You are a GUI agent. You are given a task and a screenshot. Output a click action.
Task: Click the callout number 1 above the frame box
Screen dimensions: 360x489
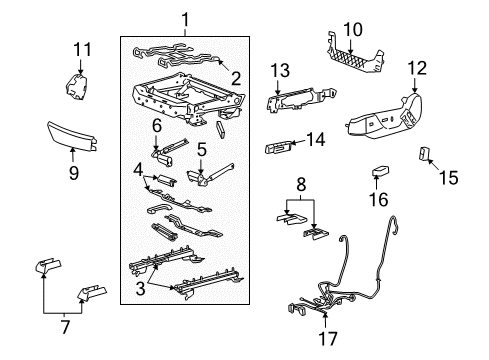coord(184,18)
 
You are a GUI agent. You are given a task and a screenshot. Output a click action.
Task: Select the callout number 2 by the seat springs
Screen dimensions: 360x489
coord(236,78)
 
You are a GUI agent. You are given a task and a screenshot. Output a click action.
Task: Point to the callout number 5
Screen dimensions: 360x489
coord(200,150)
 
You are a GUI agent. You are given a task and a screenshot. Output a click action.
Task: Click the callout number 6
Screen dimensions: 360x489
coord(156,125)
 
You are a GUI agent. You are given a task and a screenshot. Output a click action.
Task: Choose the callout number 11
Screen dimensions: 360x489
coord(83,47)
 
